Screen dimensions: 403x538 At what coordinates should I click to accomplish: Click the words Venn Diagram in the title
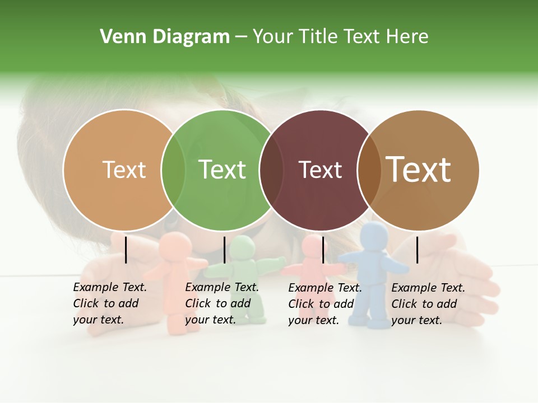(165, 37)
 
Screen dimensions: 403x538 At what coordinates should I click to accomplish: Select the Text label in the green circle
(222, 170)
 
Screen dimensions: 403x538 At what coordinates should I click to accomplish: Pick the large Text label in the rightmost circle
(419, 170)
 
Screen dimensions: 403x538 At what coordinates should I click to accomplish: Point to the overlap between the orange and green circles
(173, 170)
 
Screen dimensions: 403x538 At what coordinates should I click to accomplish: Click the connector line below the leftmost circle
(126, 250)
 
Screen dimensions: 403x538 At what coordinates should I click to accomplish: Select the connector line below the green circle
(224, 250)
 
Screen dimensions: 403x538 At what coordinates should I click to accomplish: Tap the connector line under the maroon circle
(323, 250)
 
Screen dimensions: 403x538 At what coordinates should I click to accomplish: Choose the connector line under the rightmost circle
(417, 250)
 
